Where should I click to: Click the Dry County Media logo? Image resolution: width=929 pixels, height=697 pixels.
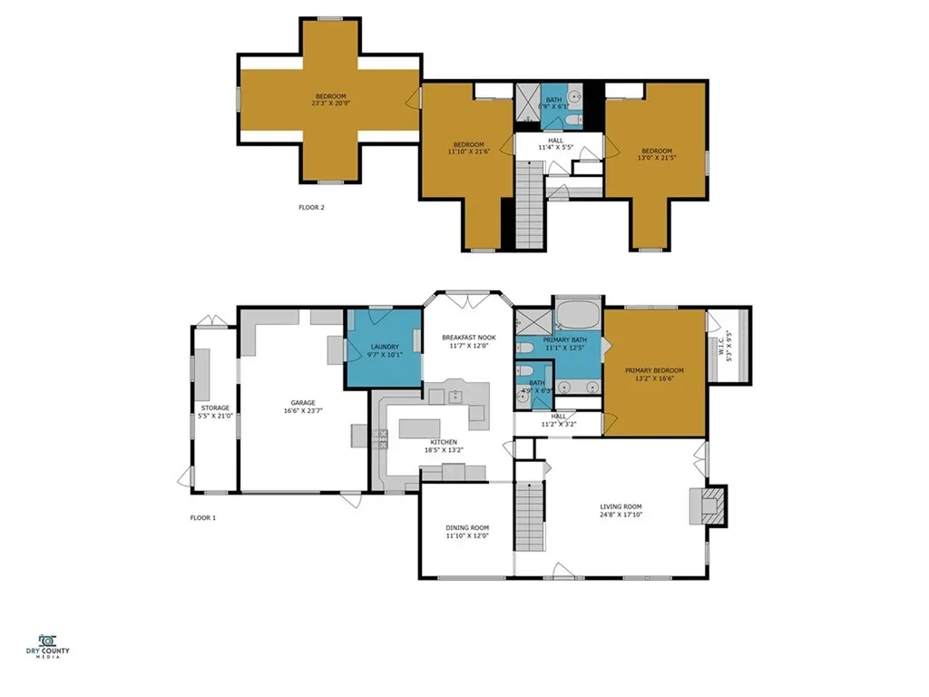point(47,646)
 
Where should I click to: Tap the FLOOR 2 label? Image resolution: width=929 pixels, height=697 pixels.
point(311,208)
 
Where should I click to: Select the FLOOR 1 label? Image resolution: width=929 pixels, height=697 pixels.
point(202,518)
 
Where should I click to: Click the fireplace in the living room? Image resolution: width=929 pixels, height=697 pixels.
point(708,505)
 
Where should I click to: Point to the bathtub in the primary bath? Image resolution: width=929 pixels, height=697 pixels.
point(578,315)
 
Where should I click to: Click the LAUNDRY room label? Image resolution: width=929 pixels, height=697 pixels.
point(385,348)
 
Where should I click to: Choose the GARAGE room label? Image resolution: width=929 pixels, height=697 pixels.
point(303,403)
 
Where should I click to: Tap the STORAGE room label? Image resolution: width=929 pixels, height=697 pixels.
point(215,408)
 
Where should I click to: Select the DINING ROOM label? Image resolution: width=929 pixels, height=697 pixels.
point(467,528)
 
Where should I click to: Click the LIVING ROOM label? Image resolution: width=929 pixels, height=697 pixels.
point(621,506)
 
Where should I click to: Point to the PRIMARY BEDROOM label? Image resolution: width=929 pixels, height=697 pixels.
point(654,371)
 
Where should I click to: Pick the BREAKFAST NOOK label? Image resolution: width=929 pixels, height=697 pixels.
point(469,338)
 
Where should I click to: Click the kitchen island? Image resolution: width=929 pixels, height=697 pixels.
point(419,428)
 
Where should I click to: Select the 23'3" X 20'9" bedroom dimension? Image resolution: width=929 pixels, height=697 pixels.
point(330,103)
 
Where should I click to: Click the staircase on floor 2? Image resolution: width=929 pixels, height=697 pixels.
point(530,204)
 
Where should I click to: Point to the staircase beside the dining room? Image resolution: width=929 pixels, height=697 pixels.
point(529,516)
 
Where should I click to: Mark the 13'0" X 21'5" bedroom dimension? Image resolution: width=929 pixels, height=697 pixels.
point(657,158)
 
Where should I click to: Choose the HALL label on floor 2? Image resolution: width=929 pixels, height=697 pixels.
point(556,141)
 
